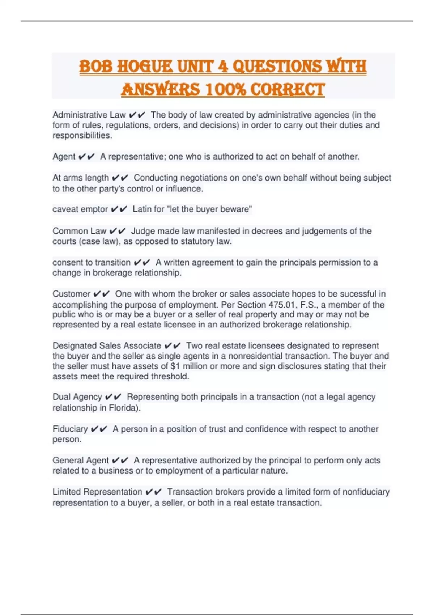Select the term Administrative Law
(x=89, y=115)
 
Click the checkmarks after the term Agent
(x=86, y=157)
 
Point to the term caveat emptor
(x=80, y=209)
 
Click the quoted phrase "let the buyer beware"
(x=211, y=209)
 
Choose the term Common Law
(x=79, y=231)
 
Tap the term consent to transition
(x=92, y=262)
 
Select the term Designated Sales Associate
(x=107, y=345)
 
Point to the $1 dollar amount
(x=175, y=366)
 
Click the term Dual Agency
(x=77, y=397)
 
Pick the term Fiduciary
(x=70, y=429)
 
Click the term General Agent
(x=81, y=460)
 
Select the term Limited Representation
(x=97, y=492)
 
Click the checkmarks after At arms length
(x=120, y=178)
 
